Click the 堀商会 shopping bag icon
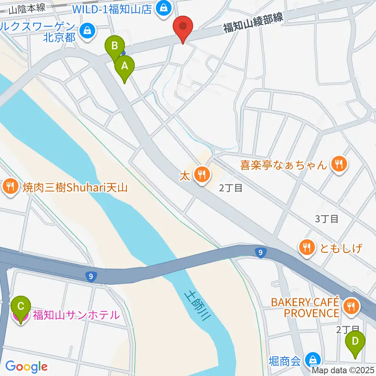point(313,359)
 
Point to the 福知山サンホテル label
point(76,315)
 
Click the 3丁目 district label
point(327,219)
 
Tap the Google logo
point(26,367)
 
